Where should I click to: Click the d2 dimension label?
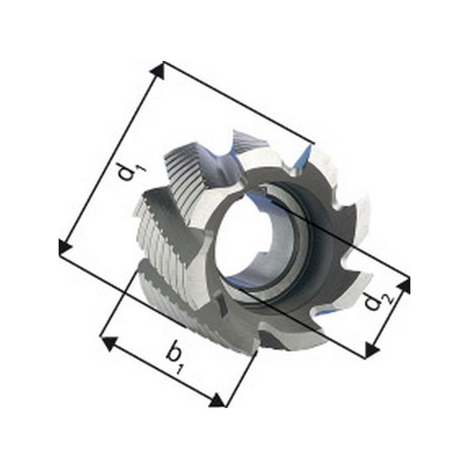click(x=378, y=301)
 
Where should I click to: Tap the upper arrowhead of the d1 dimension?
click(x=158, y=72)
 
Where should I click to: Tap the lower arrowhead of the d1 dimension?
click(x=64, y=246)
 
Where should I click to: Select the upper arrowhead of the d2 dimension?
click(x=404, y=286)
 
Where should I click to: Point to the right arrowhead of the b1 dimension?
click(x=216, y=400)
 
